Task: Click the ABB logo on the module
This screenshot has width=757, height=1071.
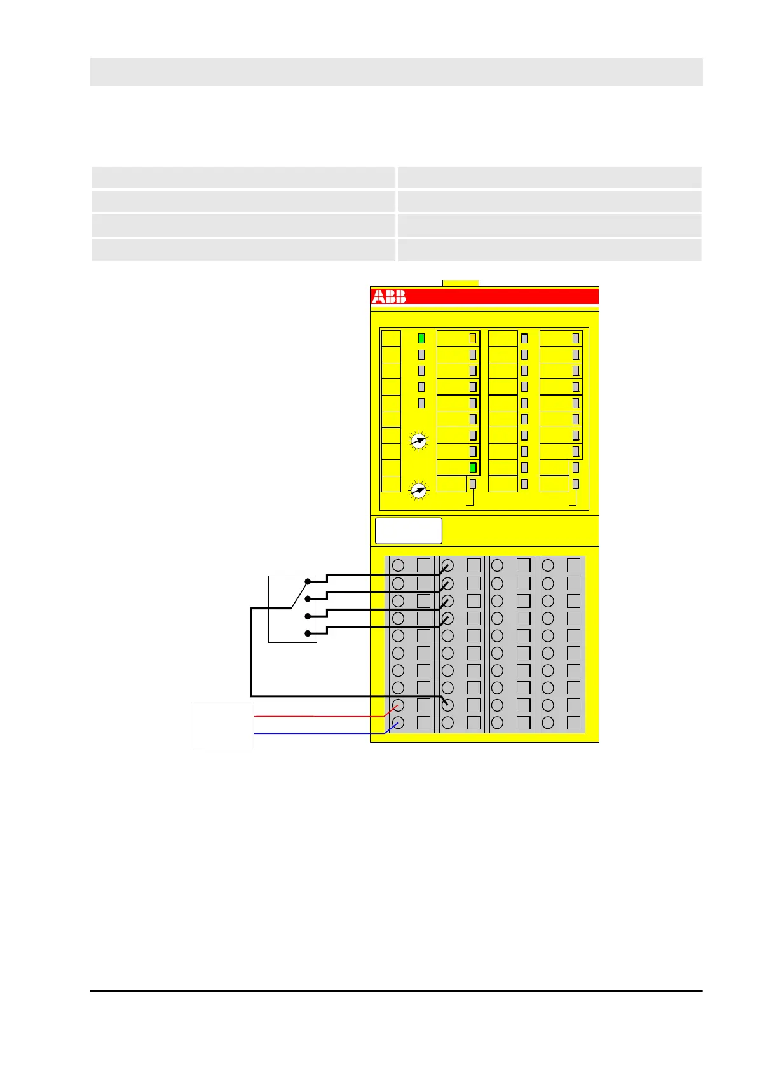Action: pos(388,296)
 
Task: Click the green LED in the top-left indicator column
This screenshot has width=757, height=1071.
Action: pos(421,338)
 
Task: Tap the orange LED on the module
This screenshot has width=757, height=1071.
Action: pos(472,338)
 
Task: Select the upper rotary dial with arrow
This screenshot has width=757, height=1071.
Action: pos(418,440)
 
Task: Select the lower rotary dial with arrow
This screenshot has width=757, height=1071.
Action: pos(418,490)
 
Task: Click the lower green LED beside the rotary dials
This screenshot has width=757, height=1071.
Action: pos(472,467)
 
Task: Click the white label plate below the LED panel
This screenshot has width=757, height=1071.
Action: pos(408,530)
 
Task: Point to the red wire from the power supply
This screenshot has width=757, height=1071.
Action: pos(318,716)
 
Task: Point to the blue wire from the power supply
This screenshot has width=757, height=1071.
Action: pos(318,733)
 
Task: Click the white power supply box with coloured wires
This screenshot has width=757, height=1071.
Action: pos(222,726)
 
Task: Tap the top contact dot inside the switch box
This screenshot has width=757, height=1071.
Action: pos(308,581)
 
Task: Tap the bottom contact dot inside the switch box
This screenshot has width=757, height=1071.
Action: pos(308,633)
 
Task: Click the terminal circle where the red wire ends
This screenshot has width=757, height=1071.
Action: pos(399,705)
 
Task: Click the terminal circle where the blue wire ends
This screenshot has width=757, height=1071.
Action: pos(399,722)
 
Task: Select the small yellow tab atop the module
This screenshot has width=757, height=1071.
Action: pos(460,283)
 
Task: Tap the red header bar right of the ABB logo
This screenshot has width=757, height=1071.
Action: pos(502,296)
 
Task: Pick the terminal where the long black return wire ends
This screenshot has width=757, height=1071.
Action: pos(447,705)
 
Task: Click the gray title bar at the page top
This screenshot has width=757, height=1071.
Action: pos(396,72)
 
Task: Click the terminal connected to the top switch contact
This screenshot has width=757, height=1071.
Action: pos(447,565)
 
